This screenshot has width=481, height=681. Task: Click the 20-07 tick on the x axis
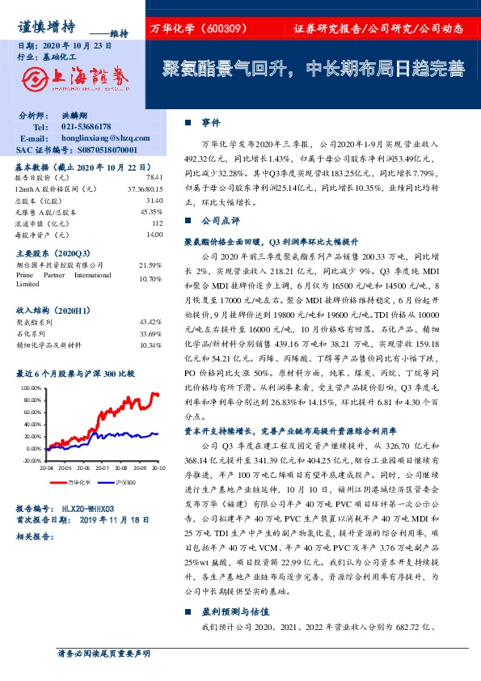coord(101,467)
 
